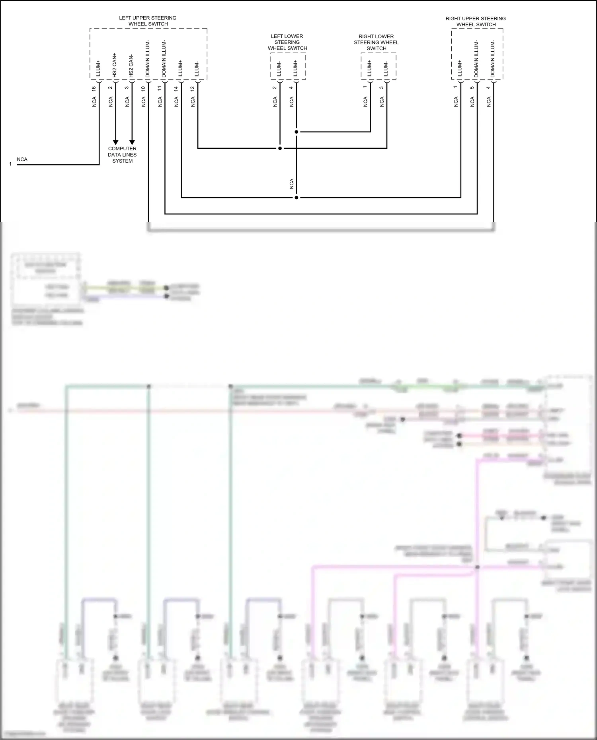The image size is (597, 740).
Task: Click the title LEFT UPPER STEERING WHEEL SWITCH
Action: point(148,21)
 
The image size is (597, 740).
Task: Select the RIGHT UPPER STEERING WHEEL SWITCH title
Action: point(476,21)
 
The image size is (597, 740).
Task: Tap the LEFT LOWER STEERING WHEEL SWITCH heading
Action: point(287,42)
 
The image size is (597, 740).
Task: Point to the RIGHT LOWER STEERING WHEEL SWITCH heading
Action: point(376,43)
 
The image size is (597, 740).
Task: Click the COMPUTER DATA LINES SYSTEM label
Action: point(122,155)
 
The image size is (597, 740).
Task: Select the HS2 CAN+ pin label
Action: point(115,65)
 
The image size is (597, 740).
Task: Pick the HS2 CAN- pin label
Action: point(131,66)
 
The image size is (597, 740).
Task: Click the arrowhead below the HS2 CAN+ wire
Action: point(115,142)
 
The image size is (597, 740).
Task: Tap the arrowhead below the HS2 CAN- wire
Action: point(132,142)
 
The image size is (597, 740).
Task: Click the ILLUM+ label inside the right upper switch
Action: point(460,68)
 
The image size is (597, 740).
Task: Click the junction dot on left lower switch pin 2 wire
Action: point(280,148)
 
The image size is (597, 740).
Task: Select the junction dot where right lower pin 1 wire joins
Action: point(297,132)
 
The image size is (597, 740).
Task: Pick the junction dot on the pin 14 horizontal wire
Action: point(297,197)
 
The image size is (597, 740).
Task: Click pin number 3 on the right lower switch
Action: point(381,87)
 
